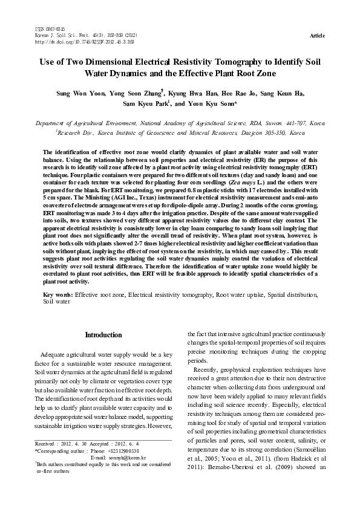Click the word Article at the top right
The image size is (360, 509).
pos(316,36)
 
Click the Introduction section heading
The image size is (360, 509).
pos(103,335)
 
